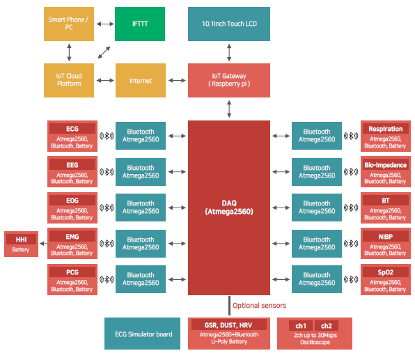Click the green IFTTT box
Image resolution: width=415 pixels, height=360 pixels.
pos(140,24)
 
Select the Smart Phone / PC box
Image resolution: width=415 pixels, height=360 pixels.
pos(69,24)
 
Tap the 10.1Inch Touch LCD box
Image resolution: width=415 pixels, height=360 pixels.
pos(229,24)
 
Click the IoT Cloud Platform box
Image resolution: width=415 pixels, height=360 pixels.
pos(69,80)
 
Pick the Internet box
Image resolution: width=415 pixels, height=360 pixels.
pos(141,80)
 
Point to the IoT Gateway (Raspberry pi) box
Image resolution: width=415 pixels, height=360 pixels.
pos(229,80)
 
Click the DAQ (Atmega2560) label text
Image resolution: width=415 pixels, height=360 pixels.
pos(229,208)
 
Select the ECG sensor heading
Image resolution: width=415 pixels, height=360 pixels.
pos(72,129)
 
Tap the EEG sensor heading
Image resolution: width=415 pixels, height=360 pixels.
pos(72,165)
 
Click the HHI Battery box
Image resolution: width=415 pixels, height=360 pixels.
pos(21,244)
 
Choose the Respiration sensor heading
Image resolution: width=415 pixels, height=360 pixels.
pos(386,129)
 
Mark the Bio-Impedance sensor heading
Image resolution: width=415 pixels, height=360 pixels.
pos(386,165)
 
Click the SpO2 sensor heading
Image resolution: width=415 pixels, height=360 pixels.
pos(386,272)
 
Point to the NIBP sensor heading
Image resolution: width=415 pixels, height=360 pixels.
pos(386,236)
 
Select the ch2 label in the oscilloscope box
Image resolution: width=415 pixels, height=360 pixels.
pos(327,326)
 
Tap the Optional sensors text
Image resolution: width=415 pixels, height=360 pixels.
pos(259,306)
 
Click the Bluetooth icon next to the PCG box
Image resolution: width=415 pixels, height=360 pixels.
pos(107,279)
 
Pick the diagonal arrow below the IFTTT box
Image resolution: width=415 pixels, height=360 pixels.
pos(104,52)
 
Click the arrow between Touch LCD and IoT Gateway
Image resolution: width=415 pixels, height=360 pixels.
pos(229,52)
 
